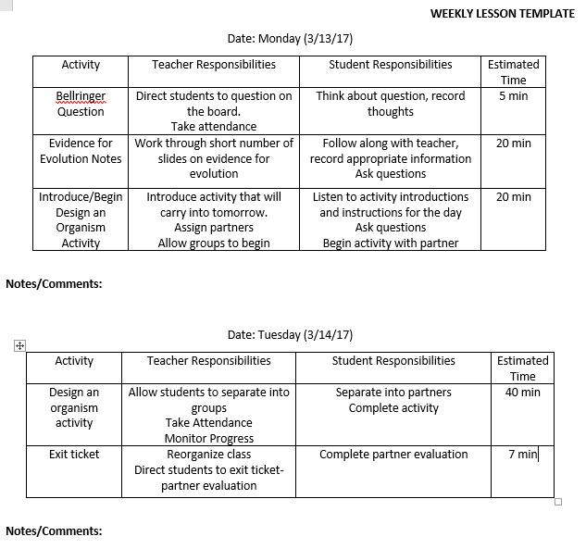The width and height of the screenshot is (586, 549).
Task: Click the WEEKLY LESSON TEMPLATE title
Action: point(502,14)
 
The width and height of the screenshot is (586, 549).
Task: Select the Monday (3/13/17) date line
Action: point(290,39)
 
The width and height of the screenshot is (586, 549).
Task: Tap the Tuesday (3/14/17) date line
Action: point(290,335)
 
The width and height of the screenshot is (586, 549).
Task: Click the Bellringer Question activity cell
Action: point(81,104)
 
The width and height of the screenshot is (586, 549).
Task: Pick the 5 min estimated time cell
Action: point(513,96)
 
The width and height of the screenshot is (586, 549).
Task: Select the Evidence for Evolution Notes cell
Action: point(81,151)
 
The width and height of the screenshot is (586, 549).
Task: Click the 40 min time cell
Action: point(522,393)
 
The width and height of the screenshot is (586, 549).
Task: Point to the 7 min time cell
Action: point(522,455)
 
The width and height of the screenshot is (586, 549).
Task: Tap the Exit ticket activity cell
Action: point(74,455)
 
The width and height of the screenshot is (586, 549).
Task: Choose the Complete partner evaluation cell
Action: point(393,455)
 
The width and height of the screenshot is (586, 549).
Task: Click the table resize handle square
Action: point(557,502)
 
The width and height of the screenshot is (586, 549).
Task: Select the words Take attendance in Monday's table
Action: point(214,127)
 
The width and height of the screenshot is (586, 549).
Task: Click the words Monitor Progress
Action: point(209,439)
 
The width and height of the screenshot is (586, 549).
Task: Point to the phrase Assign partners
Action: point(214,228)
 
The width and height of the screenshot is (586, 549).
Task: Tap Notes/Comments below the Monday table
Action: point(54,284)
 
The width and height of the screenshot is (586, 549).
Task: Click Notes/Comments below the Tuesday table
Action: point(54,531)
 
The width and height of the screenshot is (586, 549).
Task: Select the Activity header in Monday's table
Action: point(81,65)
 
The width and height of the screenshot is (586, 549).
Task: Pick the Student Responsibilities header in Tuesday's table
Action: point(393,361)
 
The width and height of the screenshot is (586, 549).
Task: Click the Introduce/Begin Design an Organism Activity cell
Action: point(81,220)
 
